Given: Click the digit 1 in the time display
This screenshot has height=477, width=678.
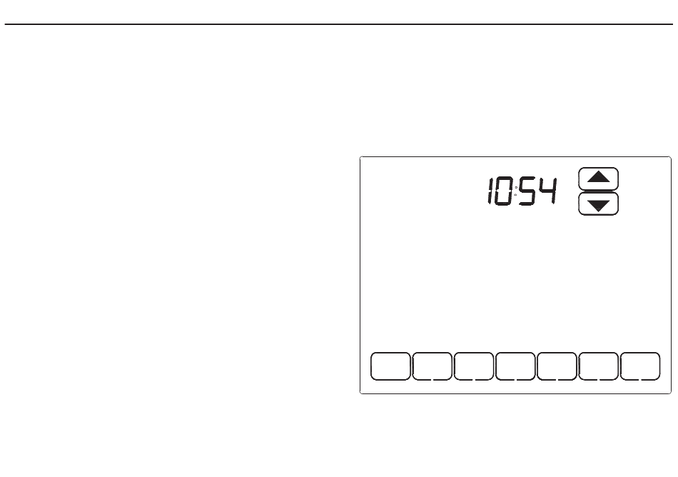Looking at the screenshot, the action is coord(491,192).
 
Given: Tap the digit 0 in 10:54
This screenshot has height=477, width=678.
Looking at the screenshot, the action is coord(503,192).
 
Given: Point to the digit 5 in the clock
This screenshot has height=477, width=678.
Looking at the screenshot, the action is coord(528,192).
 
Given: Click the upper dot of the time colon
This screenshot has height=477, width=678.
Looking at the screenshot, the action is coord(515,188).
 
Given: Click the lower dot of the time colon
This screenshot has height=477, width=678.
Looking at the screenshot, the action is coord(515,194).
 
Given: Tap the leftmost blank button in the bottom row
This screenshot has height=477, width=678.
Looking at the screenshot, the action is coord(390,366).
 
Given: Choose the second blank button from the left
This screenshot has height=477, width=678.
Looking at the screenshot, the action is coord(432,366).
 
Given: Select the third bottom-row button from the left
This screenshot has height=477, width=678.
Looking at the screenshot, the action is coord(474,366).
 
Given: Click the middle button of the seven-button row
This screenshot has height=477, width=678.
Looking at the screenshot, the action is coord(515,366).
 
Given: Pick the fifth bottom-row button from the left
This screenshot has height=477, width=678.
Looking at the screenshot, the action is coord(557,366).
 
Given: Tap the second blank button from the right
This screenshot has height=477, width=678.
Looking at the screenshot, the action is coord(598,366).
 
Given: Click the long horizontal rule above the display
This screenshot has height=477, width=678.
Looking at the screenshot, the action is coord(339,25).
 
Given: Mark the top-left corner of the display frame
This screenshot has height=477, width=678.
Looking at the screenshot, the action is coord(360,157).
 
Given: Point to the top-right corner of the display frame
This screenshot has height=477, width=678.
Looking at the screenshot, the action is coord(670,157).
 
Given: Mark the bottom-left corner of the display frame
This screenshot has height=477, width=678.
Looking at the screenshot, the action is coord(360,393).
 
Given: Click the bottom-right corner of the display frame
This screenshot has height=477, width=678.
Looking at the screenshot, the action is coord(670,393).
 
